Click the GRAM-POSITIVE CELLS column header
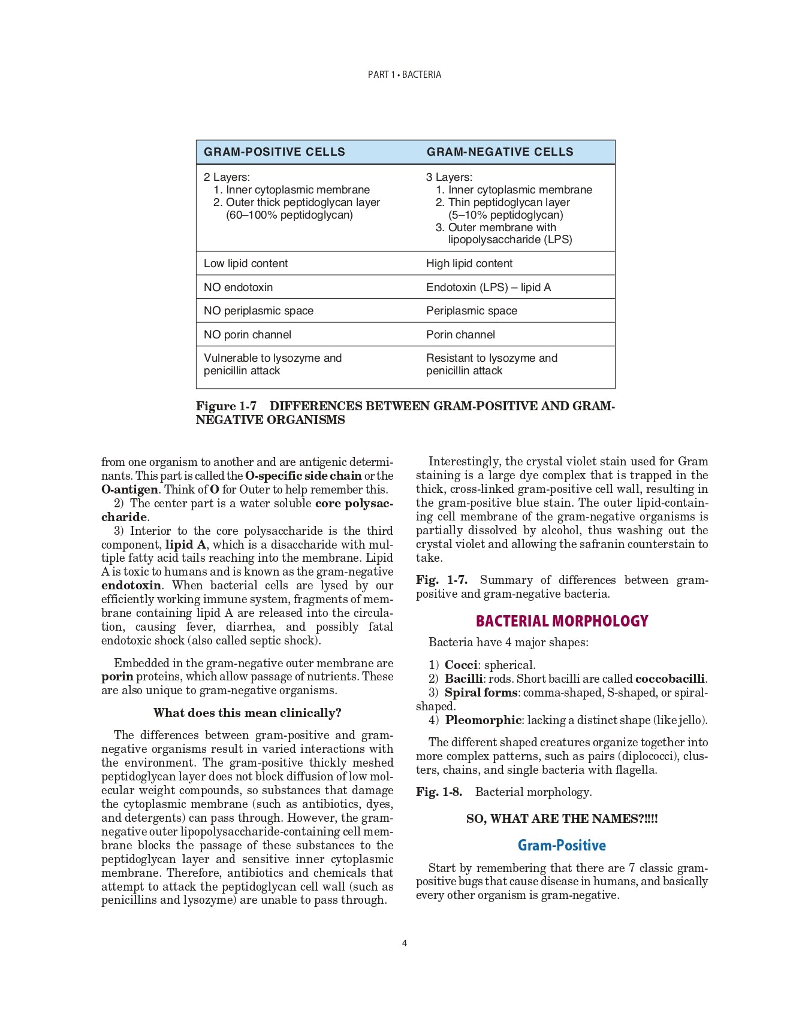(274, 152)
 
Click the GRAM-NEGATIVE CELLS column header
(500, 152)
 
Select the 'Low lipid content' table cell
(246, 264)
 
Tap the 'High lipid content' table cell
(469, 264)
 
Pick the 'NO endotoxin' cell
(238, 287)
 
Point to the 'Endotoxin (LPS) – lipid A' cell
(489, 287)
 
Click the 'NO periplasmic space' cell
(258, 311)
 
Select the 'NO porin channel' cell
(248, 335)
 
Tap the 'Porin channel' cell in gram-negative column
(460, 335)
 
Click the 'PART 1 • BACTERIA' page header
(405, 75)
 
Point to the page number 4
(405, 943)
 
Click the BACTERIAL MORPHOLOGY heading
(562, 621)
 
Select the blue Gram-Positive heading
(562, 846)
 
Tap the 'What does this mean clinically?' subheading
(247, 713)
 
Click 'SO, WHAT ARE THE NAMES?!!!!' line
(562, 819)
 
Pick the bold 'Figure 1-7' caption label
(226, 406)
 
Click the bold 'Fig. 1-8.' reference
(439, 792)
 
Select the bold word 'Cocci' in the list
(461, 665)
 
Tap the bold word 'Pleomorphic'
(483, 720)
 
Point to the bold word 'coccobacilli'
(670, 679)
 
